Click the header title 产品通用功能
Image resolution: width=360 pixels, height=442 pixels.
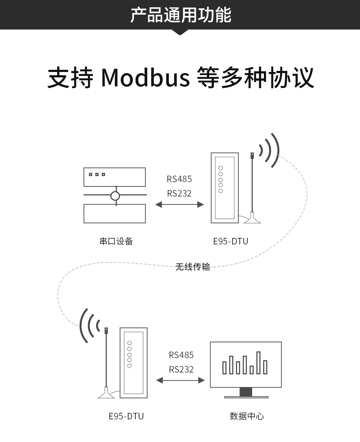180,15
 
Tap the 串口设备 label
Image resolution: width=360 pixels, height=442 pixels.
116,241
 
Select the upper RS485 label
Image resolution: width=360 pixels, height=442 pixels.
179,179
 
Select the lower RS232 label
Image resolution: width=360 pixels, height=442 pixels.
181,369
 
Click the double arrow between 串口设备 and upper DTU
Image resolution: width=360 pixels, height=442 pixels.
179,204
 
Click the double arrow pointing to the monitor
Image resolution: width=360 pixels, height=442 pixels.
180,380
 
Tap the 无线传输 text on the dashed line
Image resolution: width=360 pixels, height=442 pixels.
192,267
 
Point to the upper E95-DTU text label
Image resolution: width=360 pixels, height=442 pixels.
230,241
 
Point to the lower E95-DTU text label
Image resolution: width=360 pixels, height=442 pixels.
126,416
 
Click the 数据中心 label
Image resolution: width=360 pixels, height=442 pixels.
247,416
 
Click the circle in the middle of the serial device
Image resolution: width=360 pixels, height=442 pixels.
115,196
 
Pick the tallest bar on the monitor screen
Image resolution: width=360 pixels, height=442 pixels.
258,363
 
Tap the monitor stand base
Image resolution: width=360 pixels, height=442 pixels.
246,397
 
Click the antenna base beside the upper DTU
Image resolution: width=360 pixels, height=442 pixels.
252,220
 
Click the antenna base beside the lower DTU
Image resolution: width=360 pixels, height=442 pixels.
106,394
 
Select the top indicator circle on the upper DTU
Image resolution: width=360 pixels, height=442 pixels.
221,168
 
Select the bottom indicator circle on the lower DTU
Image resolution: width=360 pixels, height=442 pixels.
130,366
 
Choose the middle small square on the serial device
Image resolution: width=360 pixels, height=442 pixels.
97,175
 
